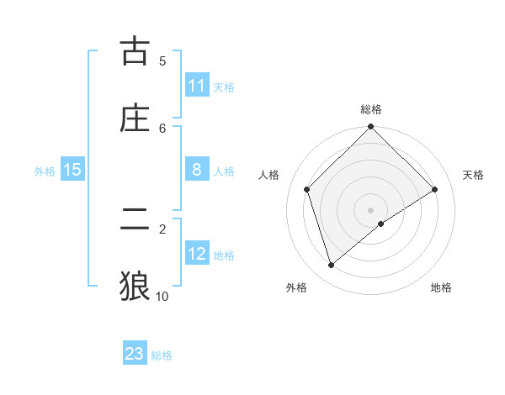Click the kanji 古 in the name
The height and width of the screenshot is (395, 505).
135,52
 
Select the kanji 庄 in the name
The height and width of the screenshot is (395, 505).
135,118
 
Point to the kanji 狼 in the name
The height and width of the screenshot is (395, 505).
135,285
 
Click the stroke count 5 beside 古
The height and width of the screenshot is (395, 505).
162,61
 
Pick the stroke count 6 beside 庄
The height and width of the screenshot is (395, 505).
162,128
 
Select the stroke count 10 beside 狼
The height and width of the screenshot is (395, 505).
162,296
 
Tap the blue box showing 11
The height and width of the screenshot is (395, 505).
197,86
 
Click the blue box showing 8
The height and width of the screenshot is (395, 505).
197,170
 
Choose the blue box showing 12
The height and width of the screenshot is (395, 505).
197,254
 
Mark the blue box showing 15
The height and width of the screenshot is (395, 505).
72,170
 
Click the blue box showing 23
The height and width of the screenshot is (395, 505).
135,354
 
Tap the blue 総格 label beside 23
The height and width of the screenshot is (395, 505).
162,355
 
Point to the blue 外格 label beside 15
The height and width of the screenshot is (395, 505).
45,171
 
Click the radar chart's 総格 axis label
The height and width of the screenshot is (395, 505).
371,109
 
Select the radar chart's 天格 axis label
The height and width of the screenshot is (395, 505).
473,175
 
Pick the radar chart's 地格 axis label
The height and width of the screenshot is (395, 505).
441,287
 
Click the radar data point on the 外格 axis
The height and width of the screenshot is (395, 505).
332,266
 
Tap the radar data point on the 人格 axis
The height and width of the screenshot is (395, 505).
307,189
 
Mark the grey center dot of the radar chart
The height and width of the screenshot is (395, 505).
371,209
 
